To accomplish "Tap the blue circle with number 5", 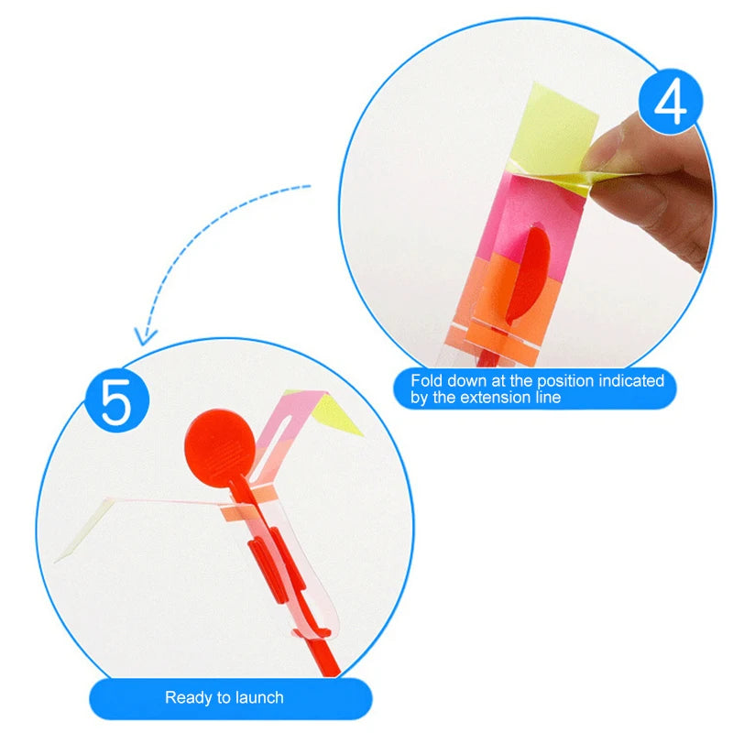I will pyautogui.click(x=115, y=400).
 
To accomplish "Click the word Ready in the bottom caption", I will pyautogui.click(x=187, y=697).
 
